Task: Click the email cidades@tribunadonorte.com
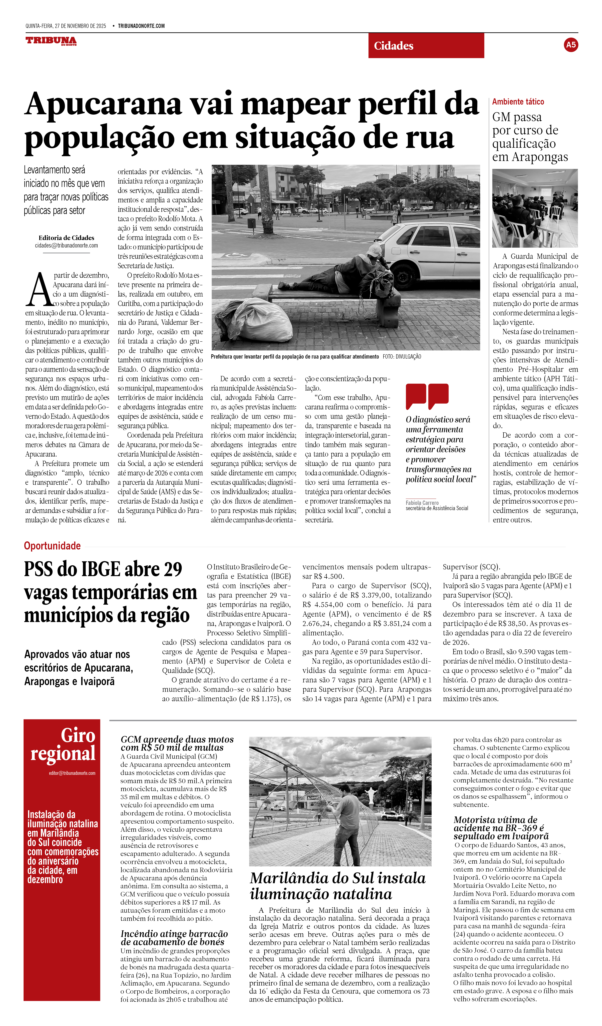(x=66, y=246)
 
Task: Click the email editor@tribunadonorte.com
(x=72, y=773)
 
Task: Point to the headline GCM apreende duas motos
(x=177, y=743)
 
